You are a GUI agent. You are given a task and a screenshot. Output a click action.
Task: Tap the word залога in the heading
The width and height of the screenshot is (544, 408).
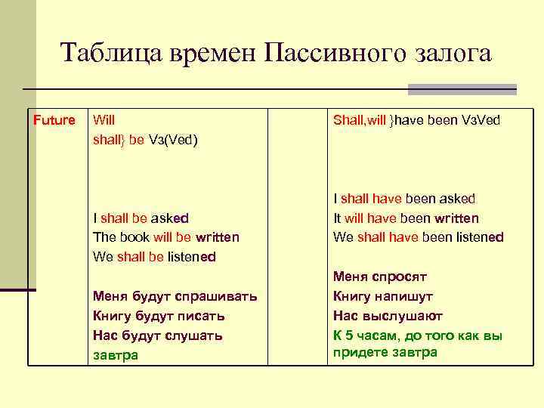pyautogui.click(x=452, y=54)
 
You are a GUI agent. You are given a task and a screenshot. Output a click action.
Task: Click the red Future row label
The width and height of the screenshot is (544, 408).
pyautogui.click(x=54, y=120)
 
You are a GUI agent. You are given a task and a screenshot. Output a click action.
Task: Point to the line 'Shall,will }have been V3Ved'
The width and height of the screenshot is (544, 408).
pyautogui.click(x=416, y=120)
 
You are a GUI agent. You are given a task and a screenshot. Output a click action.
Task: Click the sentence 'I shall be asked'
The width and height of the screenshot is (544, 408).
pyautogui.click(x=141, y=218)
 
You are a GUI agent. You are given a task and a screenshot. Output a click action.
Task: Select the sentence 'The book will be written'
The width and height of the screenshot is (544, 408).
pyautogui.click(x=165, y=237)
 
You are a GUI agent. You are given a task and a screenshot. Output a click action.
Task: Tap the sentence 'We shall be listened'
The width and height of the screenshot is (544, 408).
pyautogui.click(x=154, y=257)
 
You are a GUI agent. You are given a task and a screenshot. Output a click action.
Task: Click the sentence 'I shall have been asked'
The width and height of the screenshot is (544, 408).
pyautogui.click(x=404, y=199)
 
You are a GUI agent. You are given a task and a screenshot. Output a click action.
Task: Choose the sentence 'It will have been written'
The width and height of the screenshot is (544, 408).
pyautogui.click(x=406, y=218)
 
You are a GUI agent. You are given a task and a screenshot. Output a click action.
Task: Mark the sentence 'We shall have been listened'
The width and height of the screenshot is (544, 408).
pyautogui.click(x=418, y=237)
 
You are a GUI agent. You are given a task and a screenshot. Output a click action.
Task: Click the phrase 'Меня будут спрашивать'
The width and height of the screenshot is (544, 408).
pyautogui.click(x=175, y=296)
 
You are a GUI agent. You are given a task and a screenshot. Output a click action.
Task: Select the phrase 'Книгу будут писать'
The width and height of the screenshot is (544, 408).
pyautogui.click(x=159, y=316)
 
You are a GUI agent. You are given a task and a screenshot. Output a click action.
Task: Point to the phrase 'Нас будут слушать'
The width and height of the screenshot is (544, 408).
pyautogui.click(x=157, y=335)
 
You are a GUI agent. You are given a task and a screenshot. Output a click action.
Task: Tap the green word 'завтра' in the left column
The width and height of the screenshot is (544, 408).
pyautogui.click(x=116, y=355)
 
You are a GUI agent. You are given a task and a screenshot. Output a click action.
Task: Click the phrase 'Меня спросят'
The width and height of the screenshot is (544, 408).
pyautogui.click(x=380, y=277)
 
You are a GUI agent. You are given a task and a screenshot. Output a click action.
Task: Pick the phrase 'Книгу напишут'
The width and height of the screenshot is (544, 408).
pyautogui.click(x=383, y=296)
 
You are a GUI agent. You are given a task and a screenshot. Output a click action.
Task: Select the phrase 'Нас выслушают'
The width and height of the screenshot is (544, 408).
pyautogui.click(x=388, y=316)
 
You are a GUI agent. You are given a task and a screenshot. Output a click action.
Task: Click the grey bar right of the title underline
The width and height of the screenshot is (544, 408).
pyautogui.click(x=462, y=89)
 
